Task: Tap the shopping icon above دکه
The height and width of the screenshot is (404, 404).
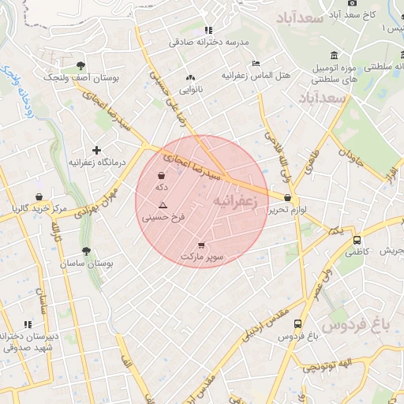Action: point(162,175)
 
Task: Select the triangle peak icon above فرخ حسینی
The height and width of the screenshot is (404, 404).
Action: point(163,204)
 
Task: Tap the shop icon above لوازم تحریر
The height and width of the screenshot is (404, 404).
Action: point(286,198)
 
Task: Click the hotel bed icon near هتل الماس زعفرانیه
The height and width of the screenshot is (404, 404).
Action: point(255,63)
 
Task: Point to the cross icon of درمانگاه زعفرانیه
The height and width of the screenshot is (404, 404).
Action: point(96,150)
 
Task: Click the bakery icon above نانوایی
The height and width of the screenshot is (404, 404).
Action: point(189,78)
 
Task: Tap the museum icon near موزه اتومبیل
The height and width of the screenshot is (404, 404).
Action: point(335,55)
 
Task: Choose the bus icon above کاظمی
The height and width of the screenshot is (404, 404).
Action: point(357,241)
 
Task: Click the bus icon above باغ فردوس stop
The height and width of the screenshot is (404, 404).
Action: point(297,324)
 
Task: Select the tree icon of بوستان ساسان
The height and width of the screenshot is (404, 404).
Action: point(86,251)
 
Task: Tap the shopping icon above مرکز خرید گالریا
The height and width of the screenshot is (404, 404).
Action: point(39,196)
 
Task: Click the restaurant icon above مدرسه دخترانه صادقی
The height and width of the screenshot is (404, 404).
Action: point(208,30)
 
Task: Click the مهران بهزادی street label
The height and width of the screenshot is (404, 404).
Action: point(96,203)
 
